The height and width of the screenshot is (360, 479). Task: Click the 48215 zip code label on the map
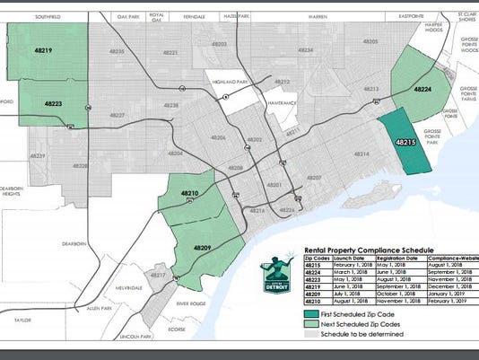click(404, 142)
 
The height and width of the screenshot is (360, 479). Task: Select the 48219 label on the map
click(45, 53)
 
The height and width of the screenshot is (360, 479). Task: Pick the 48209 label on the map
click(203, 247)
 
